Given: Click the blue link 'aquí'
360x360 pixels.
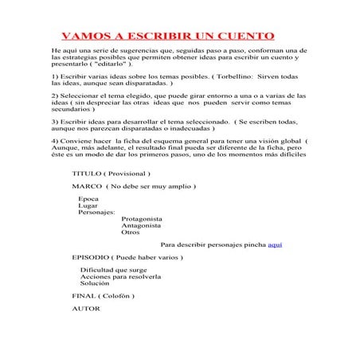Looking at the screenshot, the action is click(x=275, y=245).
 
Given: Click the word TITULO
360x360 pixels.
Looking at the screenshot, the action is click(x=87, y=173).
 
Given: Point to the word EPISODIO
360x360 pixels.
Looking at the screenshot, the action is click(x=91, y=258).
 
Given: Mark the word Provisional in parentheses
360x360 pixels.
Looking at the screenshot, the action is click(x=127, y=173).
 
